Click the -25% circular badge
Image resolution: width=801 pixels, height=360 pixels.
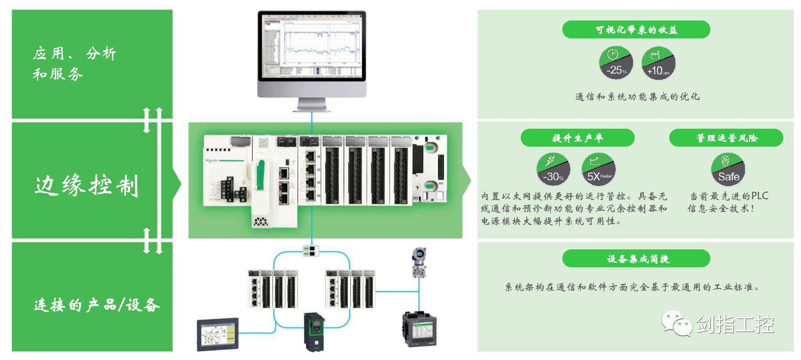616,63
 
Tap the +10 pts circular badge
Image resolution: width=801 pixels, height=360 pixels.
658,63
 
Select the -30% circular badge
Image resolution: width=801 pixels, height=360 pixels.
553,169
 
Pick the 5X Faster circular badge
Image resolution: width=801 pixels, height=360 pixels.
599,169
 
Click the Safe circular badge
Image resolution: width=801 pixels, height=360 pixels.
728,169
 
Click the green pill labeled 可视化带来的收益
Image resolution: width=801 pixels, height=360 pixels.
636,30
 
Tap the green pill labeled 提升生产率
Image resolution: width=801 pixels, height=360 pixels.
577,138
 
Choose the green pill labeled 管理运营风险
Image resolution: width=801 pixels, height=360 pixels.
726,138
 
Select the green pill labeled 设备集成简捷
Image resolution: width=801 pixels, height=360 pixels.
636,259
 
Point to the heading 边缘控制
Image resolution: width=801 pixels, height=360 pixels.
87,185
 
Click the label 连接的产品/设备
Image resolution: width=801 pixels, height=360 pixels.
97,305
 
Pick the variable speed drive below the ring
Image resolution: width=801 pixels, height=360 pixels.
315,332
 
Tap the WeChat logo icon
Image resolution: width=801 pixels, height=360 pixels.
676,324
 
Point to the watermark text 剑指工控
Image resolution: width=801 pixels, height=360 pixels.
735,324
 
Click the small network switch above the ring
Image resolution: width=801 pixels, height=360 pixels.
311,250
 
